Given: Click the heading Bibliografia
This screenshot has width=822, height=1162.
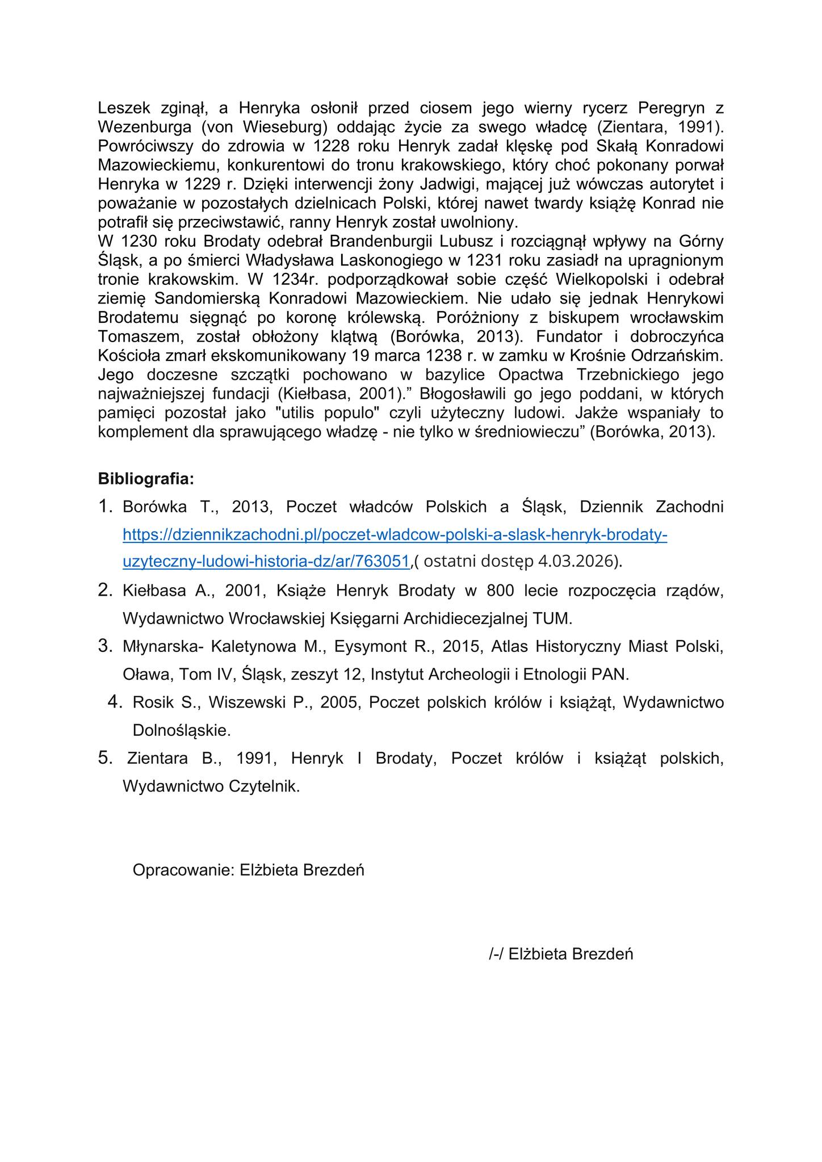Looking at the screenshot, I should (146, 479).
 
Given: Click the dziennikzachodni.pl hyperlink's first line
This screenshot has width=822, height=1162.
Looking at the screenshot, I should (395, 534).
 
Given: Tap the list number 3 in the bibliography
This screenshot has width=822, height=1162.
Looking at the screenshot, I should (105, 646).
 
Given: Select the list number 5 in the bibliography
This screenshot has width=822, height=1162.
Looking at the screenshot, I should (105, 757).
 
